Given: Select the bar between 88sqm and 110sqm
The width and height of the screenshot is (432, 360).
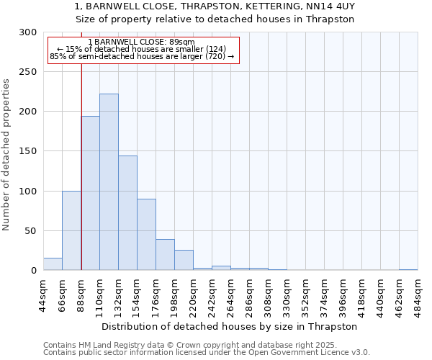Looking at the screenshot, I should (x=91, y=193).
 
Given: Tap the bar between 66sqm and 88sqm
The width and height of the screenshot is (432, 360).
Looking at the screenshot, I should (x=71, y=230).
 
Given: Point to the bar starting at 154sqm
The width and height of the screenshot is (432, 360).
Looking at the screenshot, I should (x=146, y=235).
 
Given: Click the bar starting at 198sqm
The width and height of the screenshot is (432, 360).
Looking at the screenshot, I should (x=184, y=260).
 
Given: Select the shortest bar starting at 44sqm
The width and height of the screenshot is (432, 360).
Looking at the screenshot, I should (x=53, y=264).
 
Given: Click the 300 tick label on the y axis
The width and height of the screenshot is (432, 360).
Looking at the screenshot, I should (x=28, y=32).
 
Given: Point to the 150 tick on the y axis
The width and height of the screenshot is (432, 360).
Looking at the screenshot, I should (x=28, y=151).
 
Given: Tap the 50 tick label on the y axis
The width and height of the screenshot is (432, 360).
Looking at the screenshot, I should (x=31, y=231).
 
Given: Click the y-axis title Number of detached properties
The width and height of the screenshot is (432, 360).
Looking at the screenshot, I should (x=6, y=155).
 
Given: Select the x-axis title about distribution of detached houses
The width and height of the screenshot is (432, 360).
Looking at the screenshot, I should (x=229, y=326).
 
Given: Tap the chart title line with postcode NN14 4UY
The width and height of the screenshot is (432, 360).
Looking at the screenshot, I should (x=215, y=6).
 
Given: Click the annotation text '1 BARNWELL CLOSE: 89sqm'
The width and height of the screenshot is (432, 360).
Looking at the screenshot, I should (x=141, y=42).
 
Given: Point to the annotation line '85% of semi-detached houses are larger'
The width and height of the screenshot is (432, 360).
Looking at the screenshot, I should (x=142, y=56).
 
